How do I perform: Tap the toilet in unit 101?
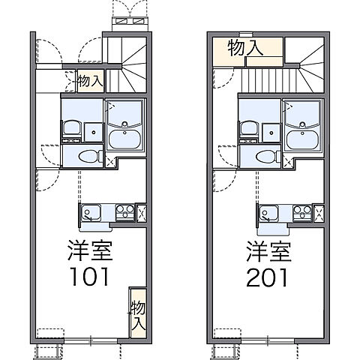point(86,157)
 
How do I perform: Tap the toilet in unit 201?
point(264,157)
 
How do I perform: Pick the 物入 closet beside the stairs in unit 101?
point(91,81)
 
